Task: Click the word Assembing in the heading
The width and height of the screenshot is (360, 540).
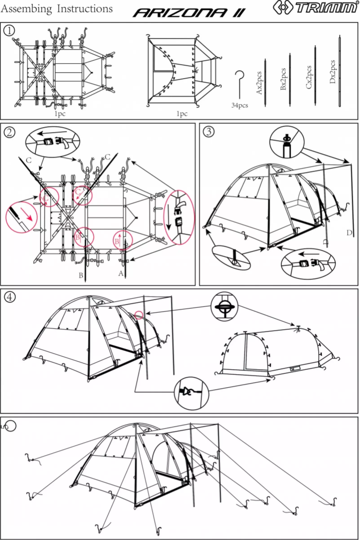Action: click(x=28, y=9)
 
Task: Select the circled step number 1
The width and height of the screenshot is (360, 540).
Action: click(x=9, y=30)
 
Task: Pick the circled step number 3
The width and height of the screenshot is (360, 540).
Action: click(x=208, y=132)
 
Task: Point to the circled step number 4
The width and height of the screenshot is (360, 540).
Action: click(x=9, y=297)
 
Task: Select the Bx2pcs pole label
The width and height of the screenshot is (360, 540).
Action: click(x=283, y=80)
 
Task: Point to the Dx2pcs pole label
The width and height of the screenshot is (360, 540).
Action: click(x=333, y=71)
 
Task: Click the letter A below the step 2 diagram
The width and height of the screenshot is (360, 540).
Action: click(x=120, y=273)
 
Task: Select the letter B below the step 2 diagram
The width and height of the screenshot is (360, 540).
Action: click(x=81, y=275)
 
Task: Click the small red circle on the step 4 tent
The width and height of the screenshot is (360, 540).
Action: click(x=139, y=315)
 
